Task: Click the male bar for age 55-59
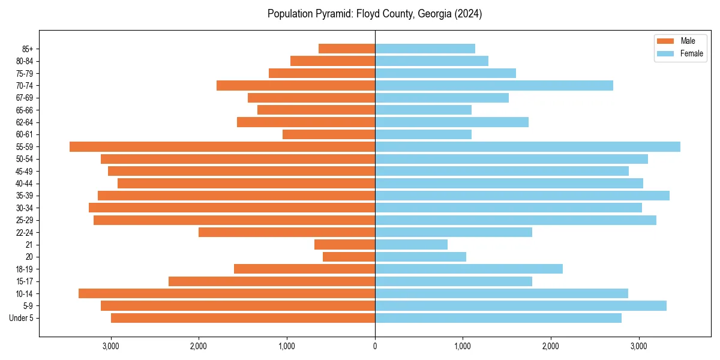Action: (222, 146)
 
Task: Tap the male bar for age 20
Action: (349, 257)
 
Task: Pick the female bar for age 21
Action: (411, 244)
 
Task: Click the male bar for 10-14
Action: (227, 293)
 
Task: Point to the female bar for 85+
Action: (425, 49)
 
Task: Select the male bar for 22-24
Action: (287, 232)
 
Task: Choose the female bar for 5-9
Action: (521, 305)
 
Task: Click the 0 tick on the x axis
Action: (375, 346)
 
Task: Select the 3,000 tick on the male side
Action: (111, 346)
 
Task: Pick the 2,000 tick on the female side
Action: (551, 346)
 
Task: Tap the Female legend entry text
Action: (691, 53)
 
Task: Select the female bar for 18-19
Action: (469, 269)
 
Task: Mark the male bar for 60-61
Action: (329, 134)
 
